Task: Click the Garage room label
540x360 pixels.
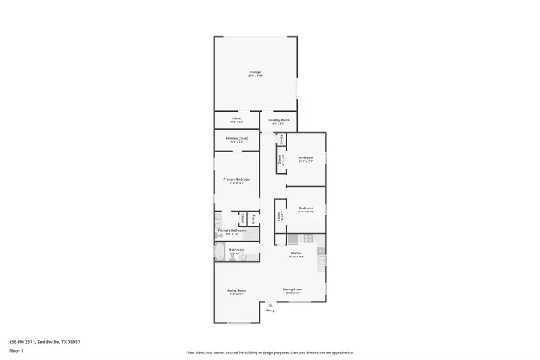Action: click(256, 72)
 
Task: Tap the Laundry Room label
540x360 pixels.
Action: click(278, 121)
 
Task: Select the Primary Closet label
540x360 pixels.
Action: click(237, 139)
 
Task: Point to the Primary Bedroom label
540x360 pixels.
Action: click(237, 179)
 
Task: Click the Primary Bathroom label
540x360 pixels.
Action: click(232, 230)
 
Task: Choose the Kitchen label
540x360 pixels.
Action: click(296, 253)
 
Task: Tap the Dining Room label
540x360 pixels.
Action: click(293, 289)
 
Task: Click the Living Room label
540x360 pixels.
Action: click(237, 291)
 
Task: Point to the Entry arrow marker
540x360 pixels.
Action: click(270, 305)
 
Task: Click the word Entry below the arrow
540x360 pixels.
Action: click(270, 310)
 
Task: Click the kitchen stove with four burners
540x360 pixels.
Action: click(308, 238)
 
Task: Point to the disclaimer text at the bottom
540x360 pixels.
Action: click(269, 353)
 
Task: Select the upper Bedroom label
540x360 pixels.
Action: click(306, 158)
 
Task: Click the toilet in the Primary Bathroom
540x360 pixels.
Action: click(219, 235)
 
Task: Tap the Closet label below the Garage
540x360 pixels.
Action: click(237, 119)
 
